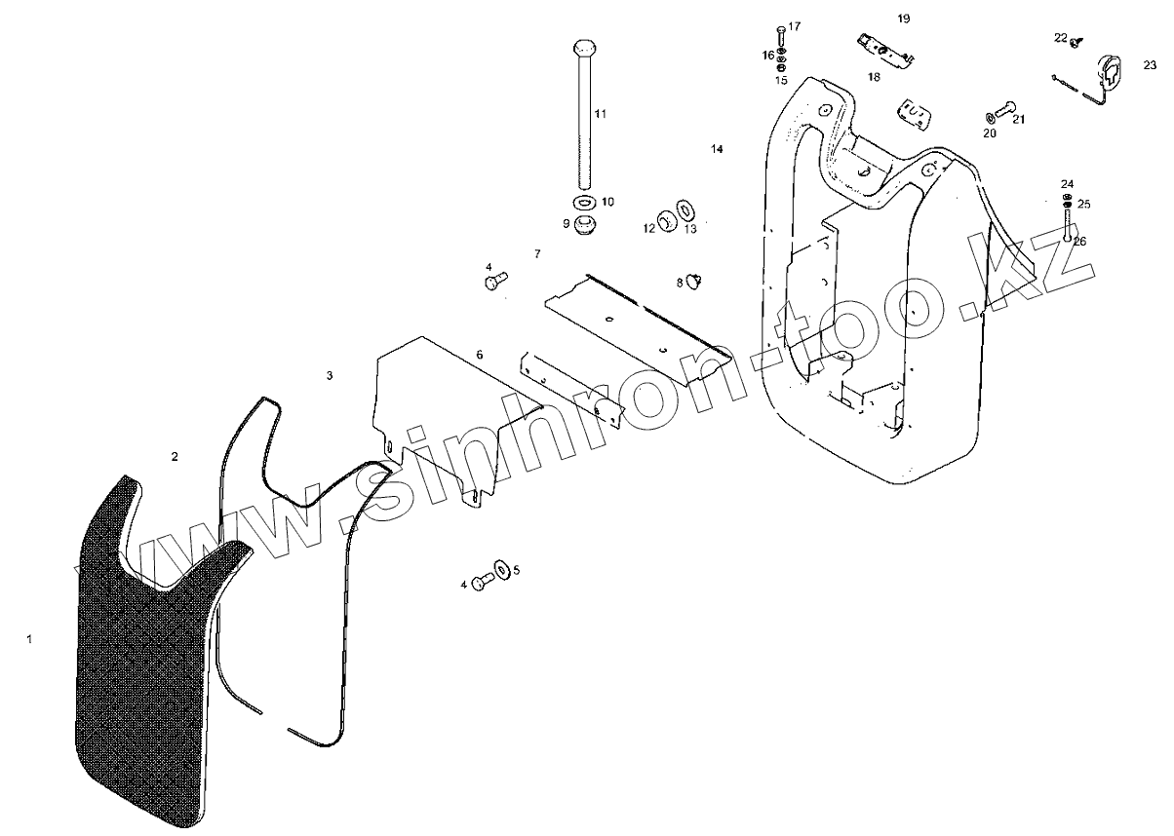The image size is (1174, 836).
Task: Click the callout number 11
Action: coord(601,114)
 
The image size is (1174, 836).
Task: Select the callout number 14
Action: coord(717,149)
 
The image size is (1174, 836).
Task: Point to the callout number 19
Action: coord(903,19)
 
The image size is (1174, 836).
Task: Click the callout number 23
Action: coord(1151,65)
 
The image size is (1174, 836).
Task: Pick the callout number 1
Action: coord(29,639)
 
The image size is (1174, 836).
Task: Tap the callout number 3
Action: coord(330,375)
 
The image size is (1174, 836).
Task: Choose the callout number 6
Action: coord(480,354)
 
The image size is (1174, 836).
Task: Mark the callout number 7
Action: coord(537,253)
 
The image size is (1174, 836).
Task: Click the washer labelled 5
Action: coord(501,568)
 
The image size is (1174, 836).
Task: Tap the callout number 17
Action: coord(794,26)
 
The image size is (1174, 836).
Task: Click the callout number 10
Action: coord(607,202)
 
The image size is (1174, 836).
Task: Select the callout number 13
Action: coord(690,229)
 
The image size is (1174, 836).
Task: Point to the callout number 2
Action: coord(175,456)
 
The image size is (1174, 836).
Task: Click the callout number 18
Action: coord(873,76)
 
